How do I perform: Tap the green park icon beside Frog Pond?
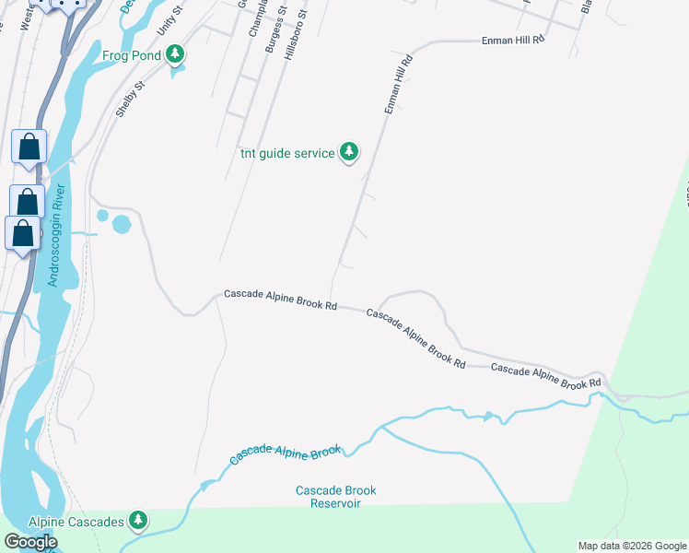pyautogui.click(x=176, y=55)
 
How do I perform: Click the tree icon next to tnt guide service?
pyautogui.click(x=348, y=152)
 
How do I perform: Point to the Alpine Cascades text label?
pyautogui.click(x=76, y=522)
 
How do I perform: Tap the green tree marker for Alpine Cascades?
pyautogui.click(x=138, y=522)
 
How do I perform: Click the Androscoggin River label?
pyautogui.click(x=57, y=235)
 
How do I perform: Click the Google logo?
pyautogui.click(x=31, y=542)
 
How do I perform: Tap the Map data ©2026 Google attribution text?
pyautogui.click(x=631, y=546)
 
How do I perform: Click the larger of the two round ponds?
pyautogui.click(x=122, y=223)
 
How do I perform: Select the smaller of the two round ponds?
pyautogui.click(x=102, y=216)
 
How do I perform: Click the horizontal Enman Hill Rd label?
pyautogui.click(x=514, y=41)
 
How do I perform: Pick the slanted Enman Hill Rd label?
pyautogui.click(x=397, y=84)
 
